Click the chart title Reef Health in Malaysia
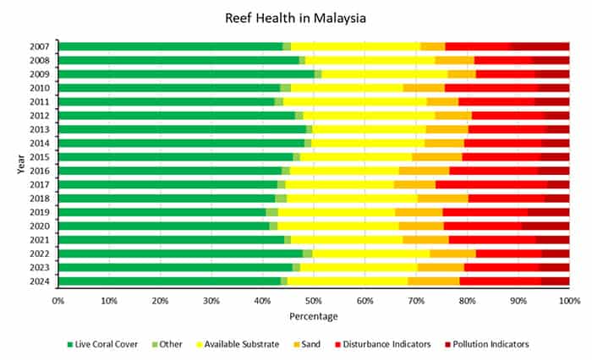295,17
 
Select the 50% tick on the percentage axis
314,300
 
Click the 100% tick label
568,300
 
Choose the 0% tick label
58,300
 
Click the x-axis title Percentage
314,317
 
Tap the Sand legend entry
320,344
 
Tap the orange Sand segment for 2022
452,254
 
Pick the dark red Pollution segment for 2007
540,46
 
